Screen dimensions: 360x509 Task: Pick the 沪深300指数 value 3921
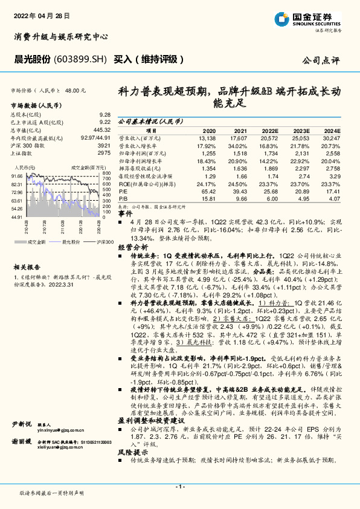104,145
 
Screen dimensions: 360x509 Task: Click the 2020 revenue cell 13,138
206,138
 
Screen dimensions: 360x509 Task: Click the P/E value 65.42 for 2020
207,190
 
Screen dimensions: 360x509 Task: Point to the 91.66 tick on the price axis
17,176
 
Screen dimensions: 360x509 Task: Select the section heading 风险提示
132,452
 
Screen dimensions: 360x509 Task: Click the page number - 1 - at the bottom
180,487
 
